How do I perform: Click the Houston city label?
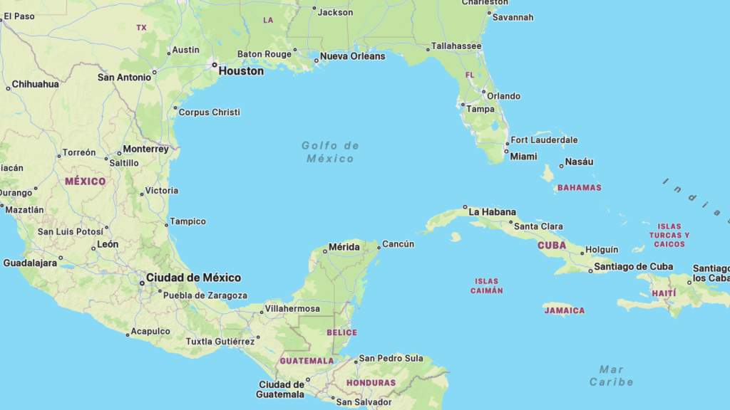click(x=241, y=71)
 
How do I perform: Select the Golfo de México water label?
click(x=330, y=152)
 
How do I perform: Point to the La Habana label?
click(x=492, y=211)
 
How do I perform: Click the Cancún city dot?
click(x=379, y=247)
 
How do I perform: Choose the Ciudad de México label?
click(x=193, y=278)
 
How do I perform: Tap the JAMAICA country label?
click(x=564, y=310)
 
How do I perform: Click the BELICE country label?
click(x=341, y=332)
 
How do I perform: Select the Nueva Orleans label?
click(x=352, y=56)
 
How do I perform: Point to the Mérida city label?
click(x=344, y=248)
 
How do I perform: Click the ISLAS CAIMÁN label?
click(x=486, y=286)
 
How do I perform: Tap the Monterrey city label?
click(x=145, y=149)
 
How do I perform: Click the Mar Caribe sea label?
click(x=612, y=375)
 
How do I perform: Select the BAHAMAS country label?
click(x=579, y=188)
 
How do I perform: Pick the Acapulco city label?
click(x=150, y=331)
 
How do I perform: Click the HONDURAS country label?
click(x=371, y=383)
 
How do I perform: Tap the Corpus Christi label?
click(x=209, y=112)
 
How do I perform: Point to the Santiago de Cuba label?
click(x=633, y=267)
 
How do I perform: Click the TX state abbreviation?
click(x=141, y=28)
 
